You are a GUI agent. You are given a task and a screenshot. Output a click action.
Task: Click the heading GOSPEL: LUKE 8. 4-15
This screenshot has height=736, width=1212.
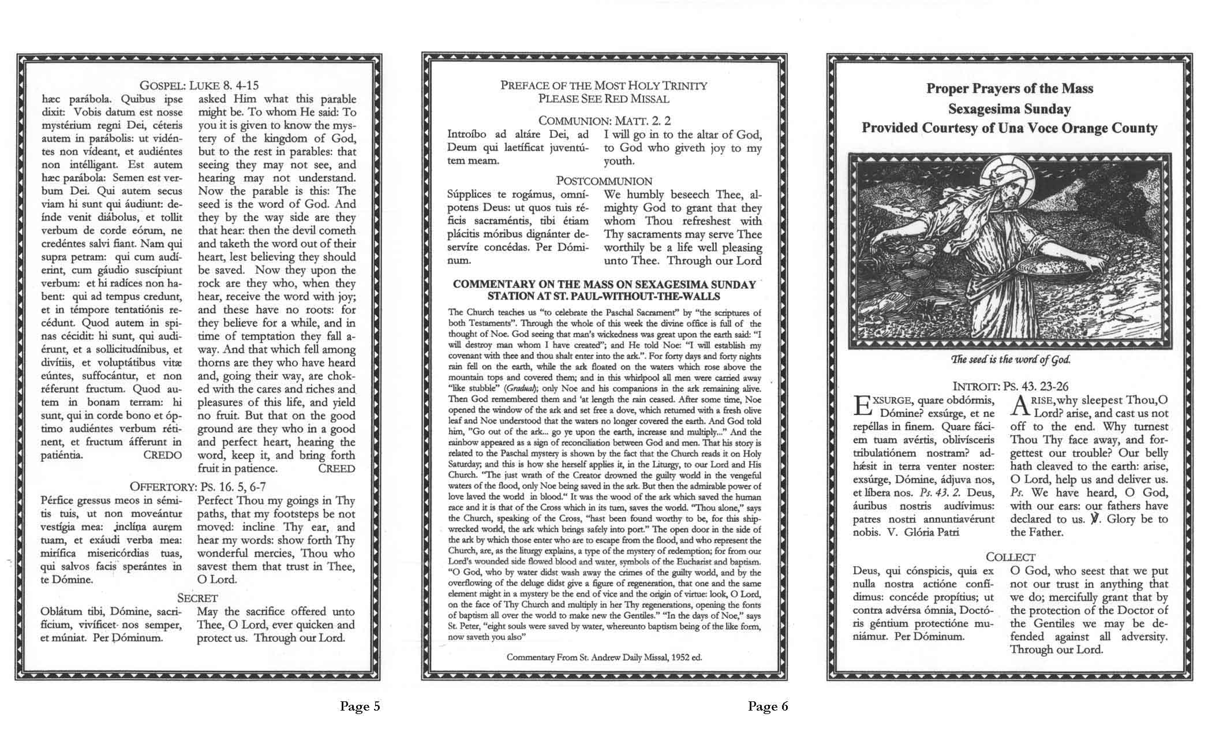199,85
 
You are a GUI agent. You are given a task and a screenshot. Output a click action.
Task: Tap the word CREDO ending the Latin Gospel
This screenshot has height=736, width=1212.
162,455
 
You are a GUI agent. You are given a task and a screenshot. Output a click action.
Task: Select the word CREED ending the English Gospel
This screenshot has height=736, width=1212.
336,468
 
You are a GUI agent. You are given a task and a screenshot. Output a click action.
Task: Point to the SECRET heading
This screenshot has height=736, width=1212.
197,598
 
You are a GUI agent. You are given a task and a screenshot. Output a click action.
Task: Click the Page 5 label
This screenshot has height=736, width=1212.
360,705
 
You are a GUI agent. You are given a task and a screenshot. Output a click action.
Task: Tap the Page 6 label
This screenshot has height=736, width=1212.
768,705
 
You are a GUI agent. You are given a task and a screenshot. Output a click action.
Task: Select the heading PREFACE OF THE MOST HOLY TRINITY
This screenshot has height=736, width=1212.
604,85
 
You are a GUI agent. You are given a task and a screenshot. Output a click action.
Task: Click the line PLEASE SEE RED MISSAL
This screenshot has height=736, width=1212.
604,99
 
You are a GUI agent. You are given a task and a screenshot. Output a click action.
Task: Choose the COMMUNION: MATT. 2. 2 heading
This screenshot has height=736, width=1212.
604,121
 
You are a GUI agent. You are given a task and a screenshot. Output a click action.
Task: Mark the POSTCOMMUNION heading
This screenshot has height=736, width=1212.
604,181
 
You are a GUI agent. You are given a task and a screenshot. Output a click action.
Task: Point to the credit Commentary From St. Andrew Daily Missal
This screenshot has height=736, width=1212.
604,657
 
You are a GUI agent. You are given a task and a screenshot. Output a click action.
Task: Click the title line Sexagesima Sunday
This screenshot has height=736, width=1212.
1009,109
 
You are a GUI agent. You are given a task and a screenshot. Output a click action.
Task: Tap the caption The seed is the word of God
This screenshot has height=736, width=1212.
1009,359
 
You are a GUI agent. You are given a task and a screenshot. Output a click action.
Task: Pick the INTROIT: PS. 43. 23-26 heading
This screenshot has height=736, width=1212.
1009,386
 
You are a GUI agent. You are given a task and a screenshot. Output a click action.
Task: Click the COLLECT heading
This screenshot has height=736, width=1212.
1010,557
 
